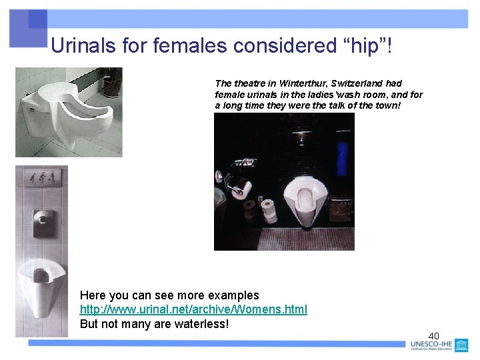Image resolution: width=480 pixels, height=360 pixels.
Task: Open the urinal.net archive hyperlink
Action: pyautogui.click(x=193, y=310)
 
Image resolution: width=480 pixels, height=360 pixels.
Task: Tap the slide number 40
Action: pyautogui.click(x=433, y=335)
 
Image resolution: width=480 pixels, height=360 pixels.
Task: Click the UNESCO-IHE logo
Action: pyautogui.click(x=440, y=345)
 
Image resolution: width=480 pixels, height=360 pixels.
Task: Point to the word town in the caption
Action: pyautogui.click(x=385, y=106)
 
